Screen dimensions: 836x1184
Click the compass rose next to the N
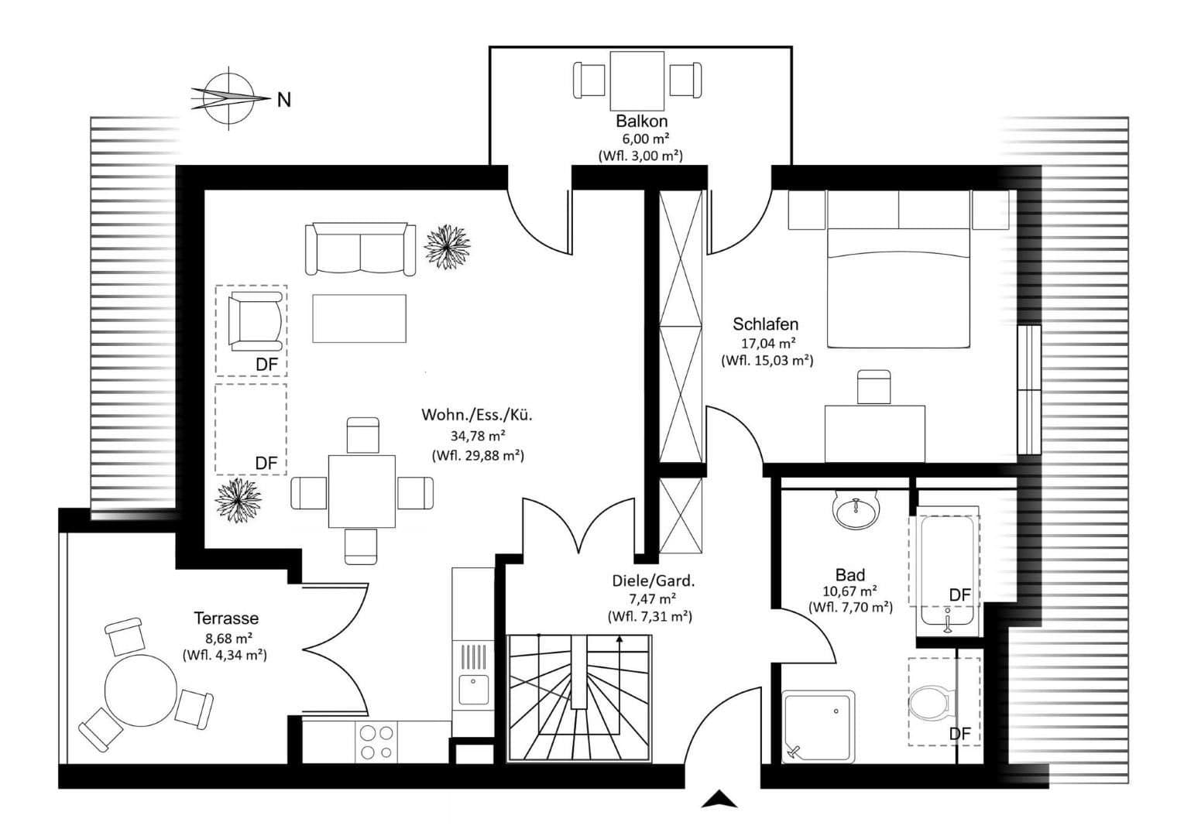coord(229,98)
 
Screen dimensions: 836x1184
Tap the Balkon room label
coord(641,121)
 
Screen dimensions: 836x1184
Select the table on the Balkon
coord(637,81)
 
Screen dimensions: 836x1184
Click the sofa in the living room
coord(360,248)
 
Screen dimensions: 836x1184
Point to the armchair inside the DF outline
coord(255,320)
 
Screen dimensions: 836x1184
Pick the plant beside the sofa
coord(447,245)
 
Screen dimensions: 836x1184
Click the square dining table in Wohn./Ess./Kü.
coord(362,492)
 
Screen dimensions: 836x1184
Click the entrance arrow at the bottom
coord(719,800)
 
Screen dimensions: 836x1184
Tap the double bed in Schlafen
coord(898,279)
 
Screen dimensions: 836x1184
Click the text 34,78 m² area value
coord(478,435)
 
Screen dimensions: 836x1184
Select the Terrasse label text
coord(225,618)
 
